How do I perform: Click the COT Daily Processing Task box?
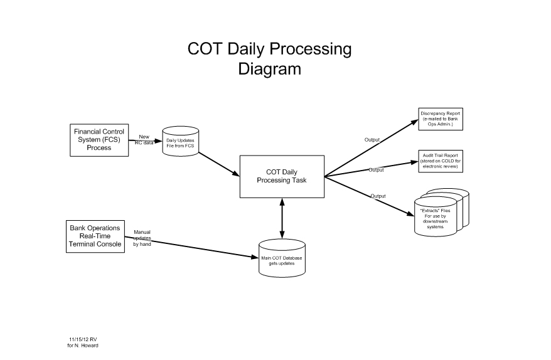tap(281, 175)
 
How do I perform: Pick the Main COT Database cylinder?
tap(282, 258)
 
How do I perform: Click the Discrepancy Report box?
tap(441, 120)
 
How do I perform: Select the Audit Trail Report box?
tap(441, 161)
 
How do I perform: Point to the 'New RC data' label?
tap(144, 139)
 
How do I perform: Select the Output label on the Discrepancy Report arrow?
tap(372, 139)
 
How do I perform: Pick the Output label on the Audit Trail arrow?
tap(376, 170)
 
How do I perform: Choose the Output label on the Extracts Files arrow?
tap(378, 196)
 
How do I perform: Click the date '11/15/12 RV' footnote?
tap(83, 339)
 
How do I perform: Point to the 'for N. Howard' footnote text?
tap(83, 346)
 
